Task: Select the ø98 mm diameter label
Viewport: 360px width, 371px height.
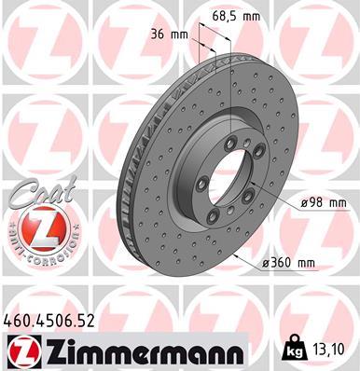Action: pyautogui.click(x=298, y=202)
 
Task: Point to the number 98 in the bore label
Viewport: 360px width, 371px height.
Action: pyautogui.click(x=292, y=202)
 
